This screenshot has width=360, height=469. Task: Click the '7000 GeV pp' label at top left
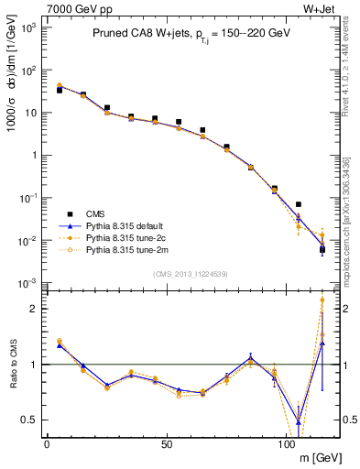pos(72,8)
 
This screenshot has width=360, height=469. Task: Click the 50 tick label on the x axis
pos(166,443)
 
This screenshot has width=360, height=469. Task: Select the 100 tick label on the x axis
pos(286,443)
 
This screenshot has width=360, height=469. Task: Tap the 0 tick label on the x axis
pos(47,443)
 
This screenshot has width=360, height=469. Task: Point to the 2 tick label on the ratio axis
pos(34,309)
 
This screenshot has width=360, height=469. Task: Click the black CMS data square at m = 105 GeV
pos(299,204)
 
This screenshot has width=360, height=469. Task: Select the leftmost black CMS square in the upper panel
pos(60,90)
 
